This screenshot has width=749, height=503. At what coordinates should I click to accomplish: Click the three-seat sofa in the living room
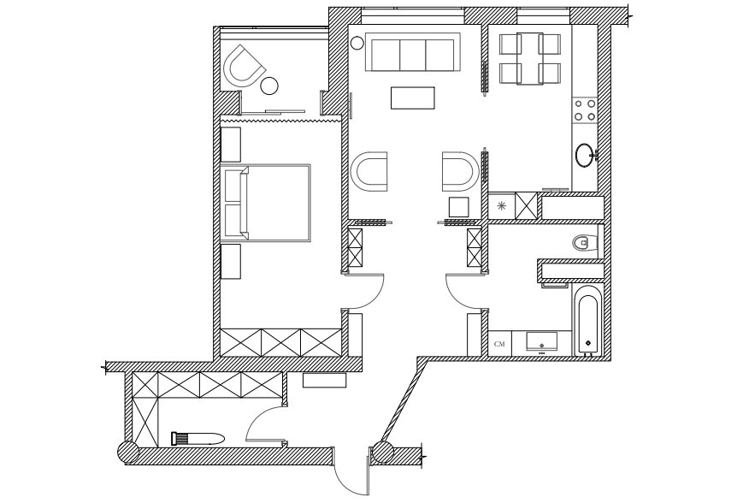[413, 51]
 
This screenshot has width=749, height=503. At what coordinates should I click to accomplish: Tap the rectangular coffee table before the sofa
[413, 98]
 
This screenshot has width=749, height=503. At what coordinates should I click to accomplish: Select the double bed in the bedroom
[266, 203]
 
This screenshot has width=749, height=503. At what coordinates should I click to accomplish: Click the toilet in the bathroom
[585, 242]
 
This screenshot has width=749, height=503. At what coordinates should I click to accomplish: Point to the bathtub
[588, 320]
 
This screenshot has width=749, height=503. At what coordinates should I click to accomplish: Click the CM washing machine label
[499, 344]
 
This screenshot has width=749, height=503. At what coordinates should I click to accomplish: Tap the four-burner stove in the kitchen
[585, 110]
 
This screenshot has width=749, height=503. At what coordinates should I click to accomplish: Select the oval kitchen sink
[585, 155]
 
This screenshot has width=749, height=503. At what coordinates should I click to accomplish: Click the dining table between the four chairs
[530, 58]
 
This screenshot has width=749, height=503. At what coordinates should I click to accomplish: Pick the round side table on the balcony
[269, 86]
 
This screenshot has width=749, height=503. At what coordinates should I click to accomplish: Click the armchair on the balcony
[244, 66]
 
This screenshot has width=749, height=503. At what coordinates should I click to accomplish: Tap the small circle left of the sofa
[357, 44]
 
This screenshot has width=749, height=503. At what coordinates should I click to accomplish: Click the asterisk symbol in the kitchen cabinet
[501, 206]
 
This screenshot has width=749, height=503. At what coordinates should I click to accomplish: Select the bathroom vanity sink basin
[542, 341]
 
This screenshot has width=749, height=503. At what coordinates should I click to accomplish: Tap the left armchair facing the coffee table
[369, 172]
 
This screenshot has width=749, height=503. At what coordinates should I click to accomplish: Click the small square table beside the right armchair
[459, 207]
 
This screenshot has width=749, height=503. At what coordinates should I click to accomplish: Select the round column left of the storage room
[128, 452]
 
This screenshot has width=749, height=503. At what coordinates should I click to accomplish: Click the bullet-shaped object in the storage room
[198, 439]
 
